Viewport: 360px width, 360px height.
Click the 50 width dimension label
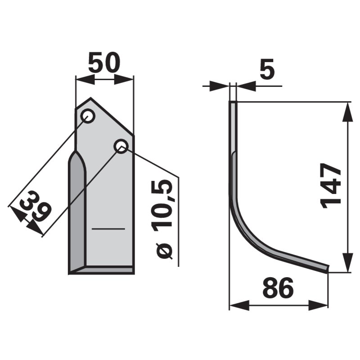click(x=104, y=62)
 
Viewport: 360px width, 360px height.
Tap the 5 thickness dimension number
click(x=267, y=69)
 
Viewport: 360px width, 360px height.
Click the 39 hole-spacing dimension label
click(x=36, y=206)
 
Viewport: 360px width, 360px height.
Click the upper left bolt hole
click(x=88, y=116)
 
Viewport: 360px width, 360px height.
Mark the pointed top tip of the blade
click(x=90, y=98)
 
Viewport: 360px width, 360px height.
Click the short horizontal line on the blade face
click(x=108, y=229)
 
